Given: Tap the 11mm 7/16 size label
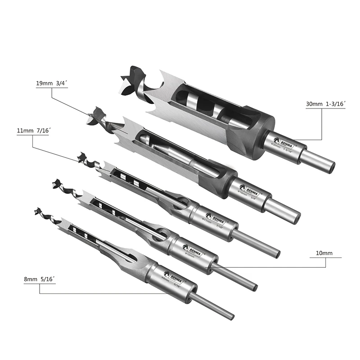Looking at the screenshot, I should [33, 130].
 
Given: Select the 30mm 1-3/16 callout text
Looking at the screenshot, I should [325, 104].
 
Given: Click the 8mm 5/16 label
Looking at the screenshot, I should [40, 279].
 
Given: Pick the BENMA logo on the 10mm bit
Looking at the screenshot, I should [192, 248].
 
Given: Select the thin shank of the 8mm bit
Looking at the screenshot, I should [211, 306].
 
